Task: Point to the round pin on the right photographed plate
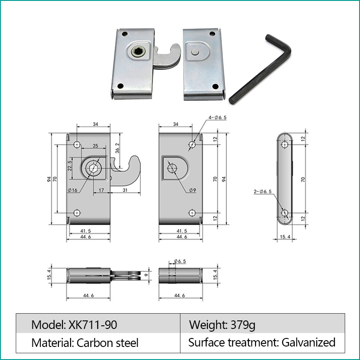click(x=194, y=52)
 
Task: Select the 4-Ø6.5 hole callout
click(x=217, y=117)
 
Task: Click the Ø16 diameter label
click(x=72, y=190)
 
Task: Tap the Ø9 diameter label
click(x=193, y=190)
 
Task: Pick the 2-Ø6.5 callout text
click(x=263, y=191)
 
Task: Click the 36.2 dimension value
click(x=117, y=148)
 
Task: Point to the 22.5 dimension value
click(x=70, y=166)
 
